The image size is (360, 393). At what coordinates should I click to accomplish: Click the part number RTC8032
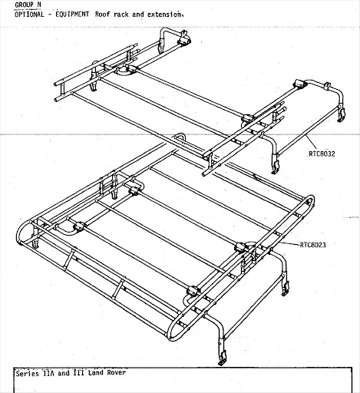point(322,154)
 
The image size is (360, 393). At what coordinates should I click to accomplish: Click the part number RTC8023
point(313,245)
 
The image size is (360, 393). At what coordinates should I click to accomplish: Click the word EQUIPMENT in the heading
point(72,14)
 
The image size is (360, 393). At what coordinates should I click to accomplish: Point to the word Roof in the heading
point(102,14)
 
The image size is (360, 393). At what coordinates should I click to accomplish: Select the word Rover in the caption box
point(117,372)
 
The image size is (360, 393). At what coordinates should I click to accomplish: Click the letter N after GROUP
point(39,5)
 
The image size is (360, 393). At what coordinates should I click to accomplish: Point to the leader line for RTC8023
point(291,243)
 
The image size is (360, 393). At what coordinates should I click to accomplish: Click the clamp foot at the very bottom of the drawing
point(222,358)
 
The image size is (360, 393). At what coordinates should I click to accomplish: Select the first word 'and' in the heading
point(138,14)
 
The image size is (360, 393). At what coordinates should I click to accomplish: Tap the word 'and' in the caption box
point(64,373)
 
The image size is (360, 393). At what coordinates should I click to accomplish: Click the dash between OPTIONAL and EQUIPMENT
point(50,15)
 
